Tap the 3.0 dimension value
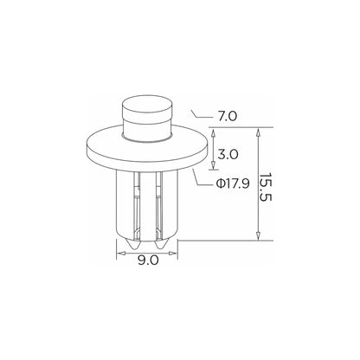point(228,154)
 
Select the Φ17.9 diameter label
point(233,183)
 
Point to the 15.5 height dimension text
point(266,188)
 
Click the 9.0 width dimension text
point(148,260)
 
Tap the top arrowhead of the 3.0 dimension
point(213,133)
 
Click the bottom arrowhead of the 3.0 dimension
point(213,165)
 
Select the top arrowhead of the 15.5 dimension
point(259,133)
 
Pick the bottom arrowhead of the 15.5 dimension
point(259,235)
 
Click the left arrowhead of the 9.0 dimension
point(120,254)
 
